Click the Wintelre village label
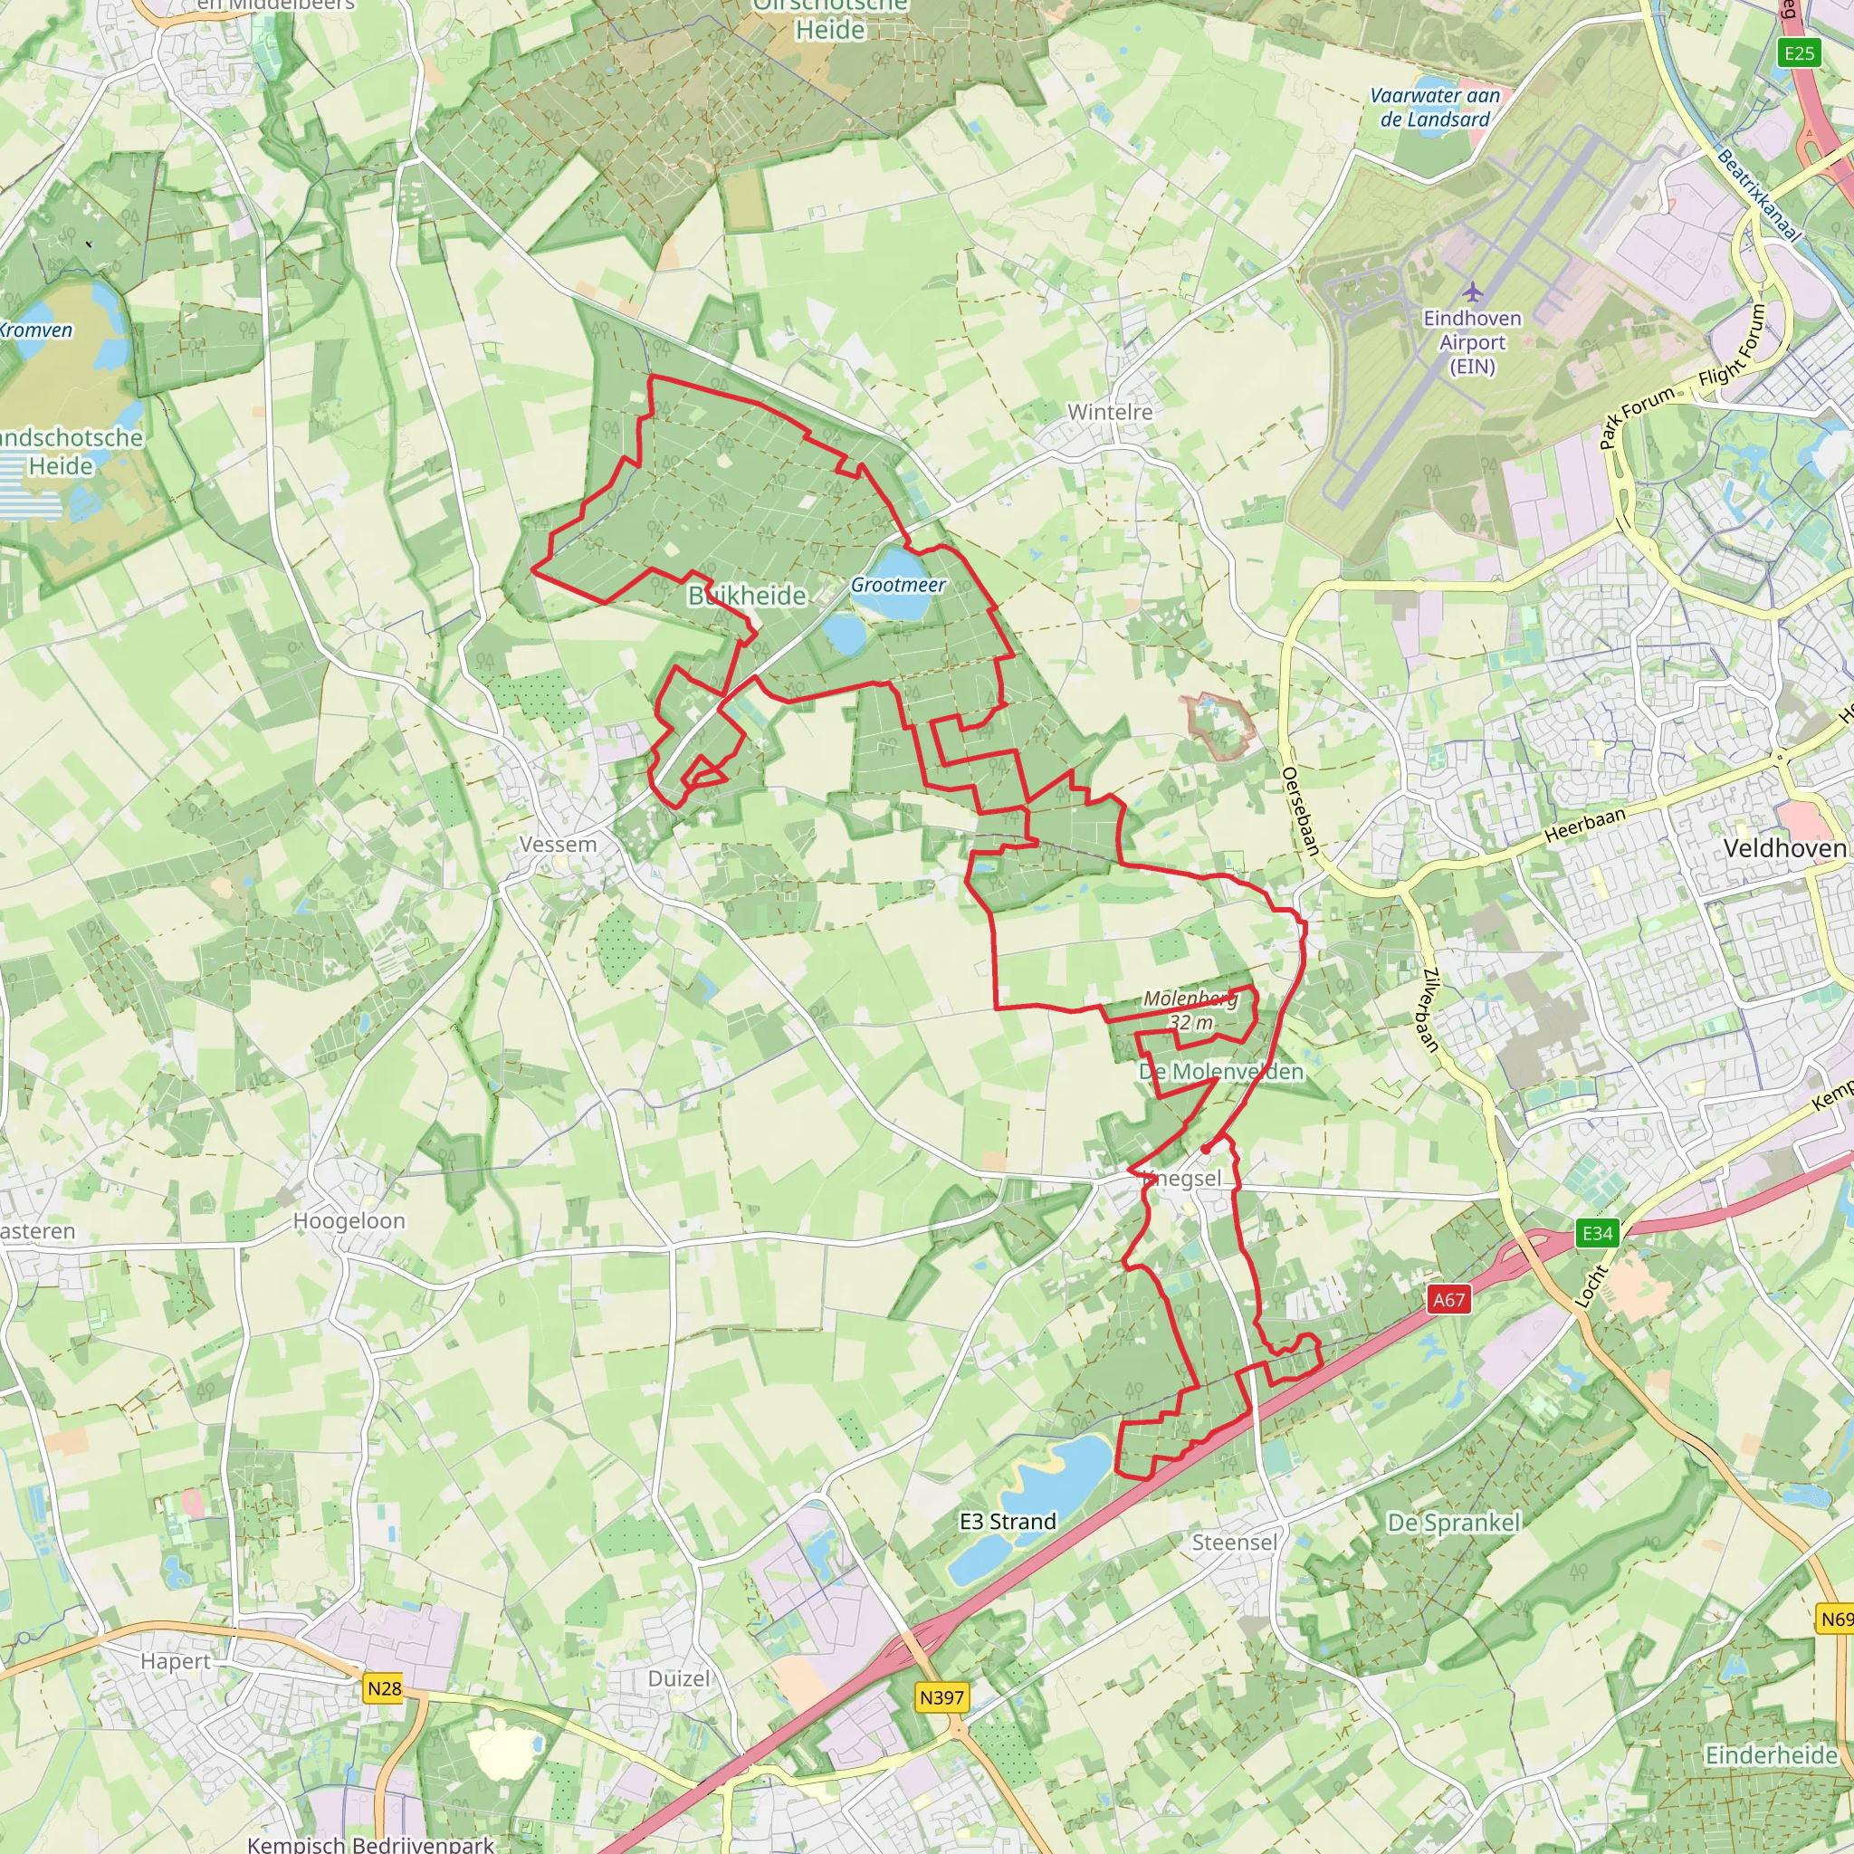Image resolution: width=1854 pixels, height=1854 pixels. (x=1109, y=412)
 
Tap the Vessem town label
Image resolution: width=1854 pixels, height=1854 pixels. (x=558, y=845)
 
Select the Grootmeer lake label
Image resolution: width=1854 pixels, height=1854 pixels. (x=898, y=585)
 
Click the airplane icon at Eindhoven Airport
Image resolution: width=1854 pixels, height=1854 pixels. (x=1473, y=291)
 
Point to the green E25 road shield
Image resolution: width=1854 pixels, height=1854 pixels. (x=1800, y=53)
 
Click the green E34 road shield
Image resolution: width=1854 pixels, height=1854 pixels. (x=1598, y=1233)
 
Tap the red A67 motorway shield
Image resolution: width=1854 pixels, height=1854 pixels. (x=1449, y=1300)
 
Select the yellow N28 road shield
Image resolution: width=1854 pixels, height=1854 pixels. (x=384, y=1689)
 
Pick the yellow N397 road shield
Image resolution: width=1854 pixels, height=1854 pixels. (x=941, y=1697)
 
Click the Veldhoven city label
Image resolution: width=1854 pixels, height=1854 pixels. (x=1784, y=848)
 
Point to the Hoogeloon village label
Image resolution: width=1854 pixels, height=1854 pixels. (x=349, y=1221)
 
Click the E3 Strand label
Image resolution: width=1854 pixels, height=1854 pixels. (x=1008, y=1522)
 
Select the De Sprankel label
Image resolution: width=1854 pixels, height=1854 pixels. (x=1454, y=1523)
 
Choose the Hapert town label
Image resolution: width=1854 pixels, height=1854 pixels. (x=176, y=1661)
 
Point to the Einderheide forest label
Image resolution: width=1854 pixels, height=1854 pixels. (x=1771, y=1755)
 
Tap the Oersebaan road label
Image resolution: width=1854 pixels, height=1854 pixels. (x=1301, y=811)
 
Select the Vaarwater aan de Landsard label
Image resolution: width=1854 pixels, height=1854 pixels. (x=1435, y=108)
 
